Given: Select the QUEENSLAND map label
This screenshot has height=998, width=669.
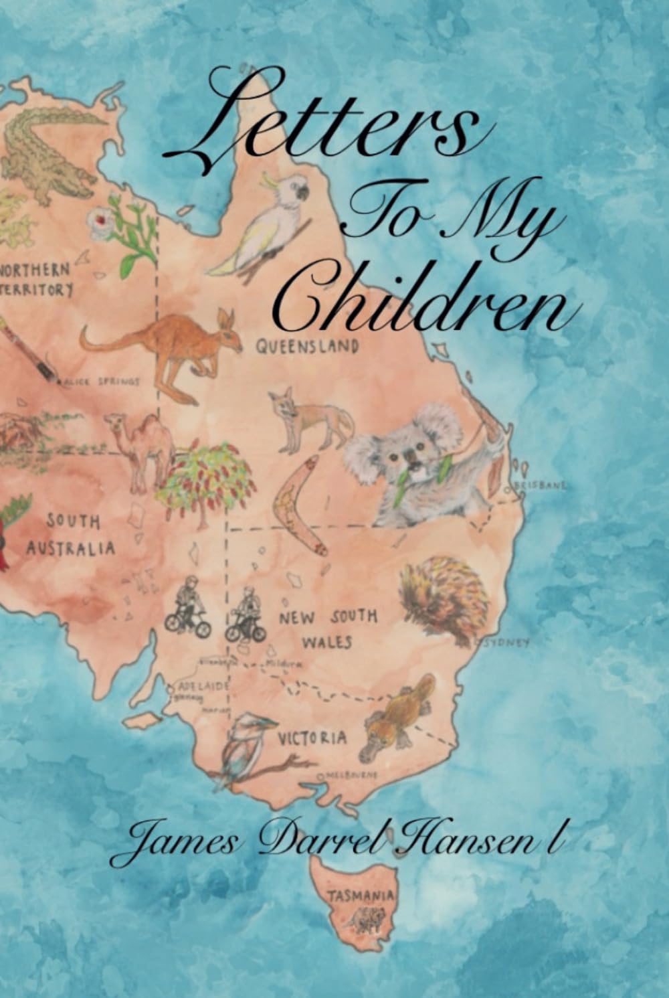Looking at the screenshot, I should coord(307,347).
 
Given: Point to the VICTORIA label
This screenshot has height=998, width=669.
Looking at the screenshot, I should coord(312,738).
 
